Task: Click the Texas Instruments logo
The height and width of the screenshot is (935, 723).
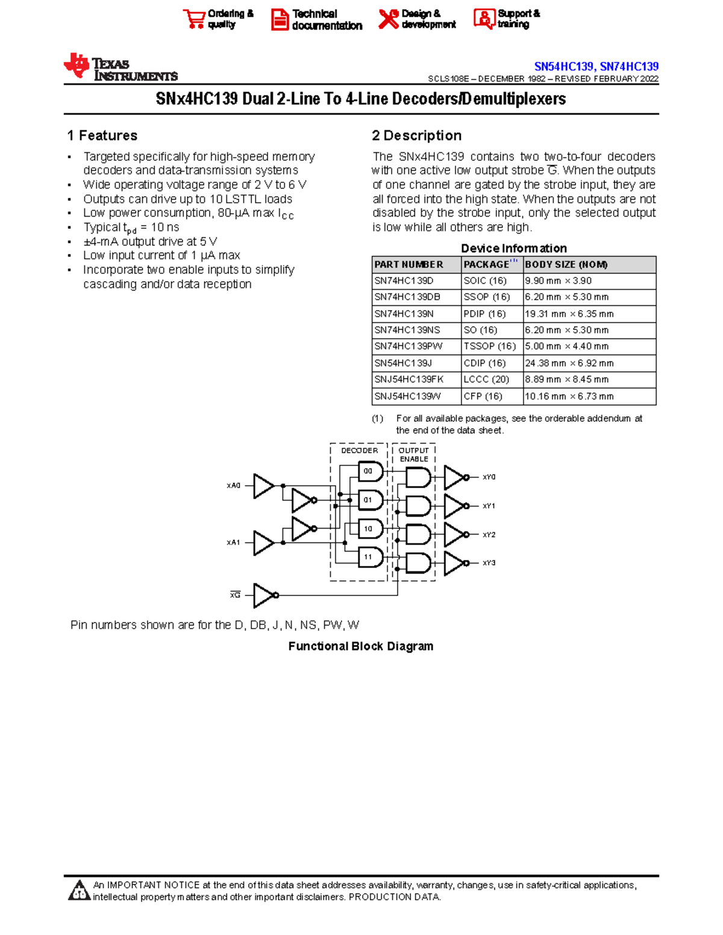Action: [x=120, y=67]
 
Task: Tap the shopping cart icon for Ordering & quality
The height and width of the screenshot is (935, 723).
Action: [x=194, y=19]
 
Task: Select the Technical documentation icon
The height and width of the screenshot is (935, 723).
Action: [x=280, y=19]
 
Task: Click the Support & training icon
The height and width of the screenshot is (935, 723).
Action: [x=484, y=19]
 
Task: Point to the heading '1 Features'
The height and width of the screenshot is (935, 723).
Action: [x=102, y=135]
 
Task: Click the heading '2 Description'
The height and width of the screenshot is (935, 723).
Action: [x=417, y=135]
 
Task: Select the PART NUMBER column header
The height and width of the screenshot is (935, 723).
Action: [x=408, y=265]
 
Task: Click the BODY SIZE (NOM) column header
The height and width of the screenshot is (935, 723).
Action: [x=566, y=265]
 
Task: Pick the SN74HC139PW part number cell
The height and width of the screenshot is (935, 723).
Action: [x=408, y=347]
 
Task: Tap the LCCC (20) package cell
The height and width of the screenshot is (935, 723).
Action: [x=486, y=379]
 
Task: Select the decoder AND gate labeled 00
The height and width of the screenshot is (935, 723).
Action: [x=370, y=471]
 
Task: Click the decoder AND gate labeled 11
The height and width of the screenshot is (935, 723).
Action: [x=370, y=557]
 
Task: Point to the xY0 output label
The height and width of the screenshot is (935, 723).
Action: [x=489, y=477]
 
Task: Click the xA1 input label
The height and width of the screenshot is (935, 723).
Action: [x=233, y=542]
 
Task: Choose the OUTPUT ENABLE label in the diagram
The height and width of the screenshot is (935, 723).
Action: [x=414, y=455]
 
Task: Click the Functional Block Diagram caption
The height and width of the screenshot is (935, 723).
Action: [x=360, y=646]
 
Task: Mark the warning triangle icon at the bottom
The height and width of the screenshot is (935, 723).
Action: [x=79, y=891]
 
